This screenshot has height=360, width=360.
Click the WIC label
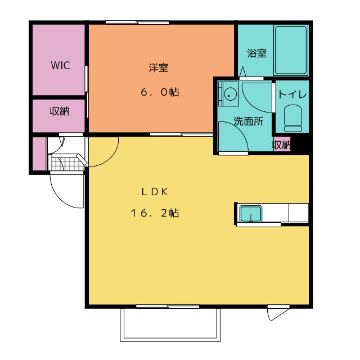60,65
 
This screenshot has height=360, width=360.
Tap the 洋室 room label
159,67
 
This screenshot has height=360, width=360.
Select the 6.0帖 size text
160,92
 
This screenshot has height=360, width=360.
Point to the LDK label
155,192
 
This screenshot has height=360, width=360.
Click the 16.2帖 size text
155,213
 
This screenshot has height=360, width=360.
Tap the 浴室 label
256,53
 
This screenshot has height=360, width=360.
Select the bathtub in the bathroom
291,50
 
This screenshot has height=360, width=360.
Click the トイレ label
292,94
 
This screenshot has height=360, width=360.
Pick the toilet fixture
292,118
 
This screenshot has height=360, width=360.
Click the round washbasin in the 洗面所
230,94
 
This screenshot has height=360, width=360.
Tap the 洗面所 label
249,121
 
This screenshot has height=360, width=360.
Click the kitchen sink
251,214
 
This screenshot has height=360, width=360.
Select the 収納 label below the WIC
60,111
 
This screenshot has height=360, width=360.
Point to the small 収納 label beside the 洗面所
281,145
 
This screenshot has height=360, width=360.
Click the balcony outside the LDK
170,325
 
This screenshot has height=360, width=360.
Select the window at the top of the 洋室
137,22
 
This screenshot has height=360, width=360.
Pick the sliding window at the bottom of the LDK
168,307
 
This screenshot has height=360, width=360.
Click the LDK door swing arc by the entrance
110,159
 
